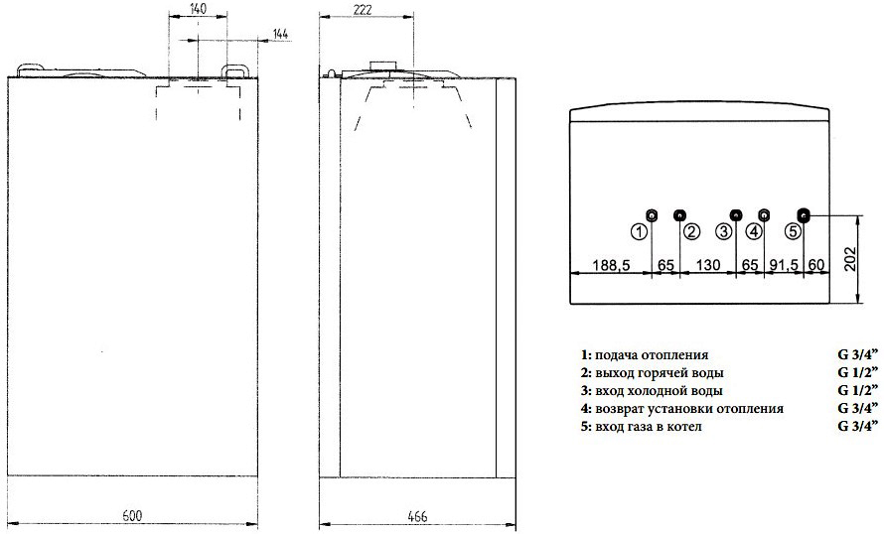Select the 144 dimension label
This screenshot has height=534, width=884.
point(280,36)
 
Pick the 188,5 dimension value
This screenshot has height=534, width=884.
point(610,266)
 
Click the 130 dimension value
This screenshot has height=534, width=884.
point(707,266)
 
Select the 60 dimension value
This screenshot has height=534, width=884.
point(816,266)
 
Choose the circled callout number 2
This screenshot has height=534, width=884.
point(692,231)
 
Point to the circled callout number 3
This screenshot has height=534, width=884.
point(724,231)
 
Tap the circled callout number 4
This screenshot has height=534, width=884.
point(754,231)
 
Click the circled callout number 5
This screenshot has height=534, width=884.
point(792,231)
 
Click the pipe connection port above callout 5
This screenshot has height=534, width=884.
point(805,215)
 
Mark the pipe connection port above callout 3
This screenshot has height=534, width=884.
point(736,215)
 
